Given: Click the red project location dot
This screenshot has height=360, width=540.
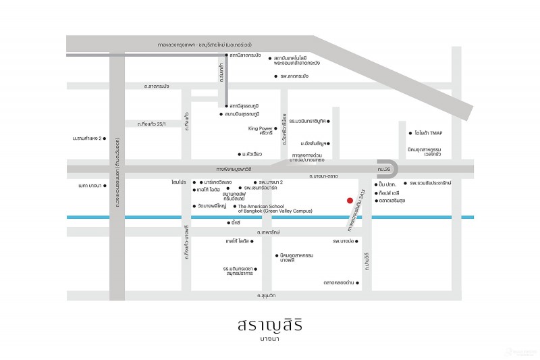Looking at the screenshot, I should [x=349, y=200].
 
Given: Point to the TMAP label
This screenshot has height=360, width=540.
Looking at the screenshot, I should [x=433, y=133].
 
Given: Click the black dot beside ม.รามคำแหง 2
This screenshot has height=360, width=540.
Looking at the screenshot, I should [x=105, y=138].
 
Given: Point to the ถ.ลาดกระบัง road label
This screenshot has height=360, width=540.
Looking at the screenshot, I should [x=157, y=86].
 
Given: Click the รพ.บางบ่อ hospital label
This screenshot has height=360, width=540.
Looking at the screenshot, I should [x=344, y=240].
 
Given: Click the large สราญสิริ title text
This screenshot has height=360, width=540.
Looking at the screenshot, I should [x=269, y=326].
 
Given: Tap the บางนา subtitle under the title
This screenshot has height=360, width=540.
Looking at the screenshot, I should [x=269, y=340].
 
